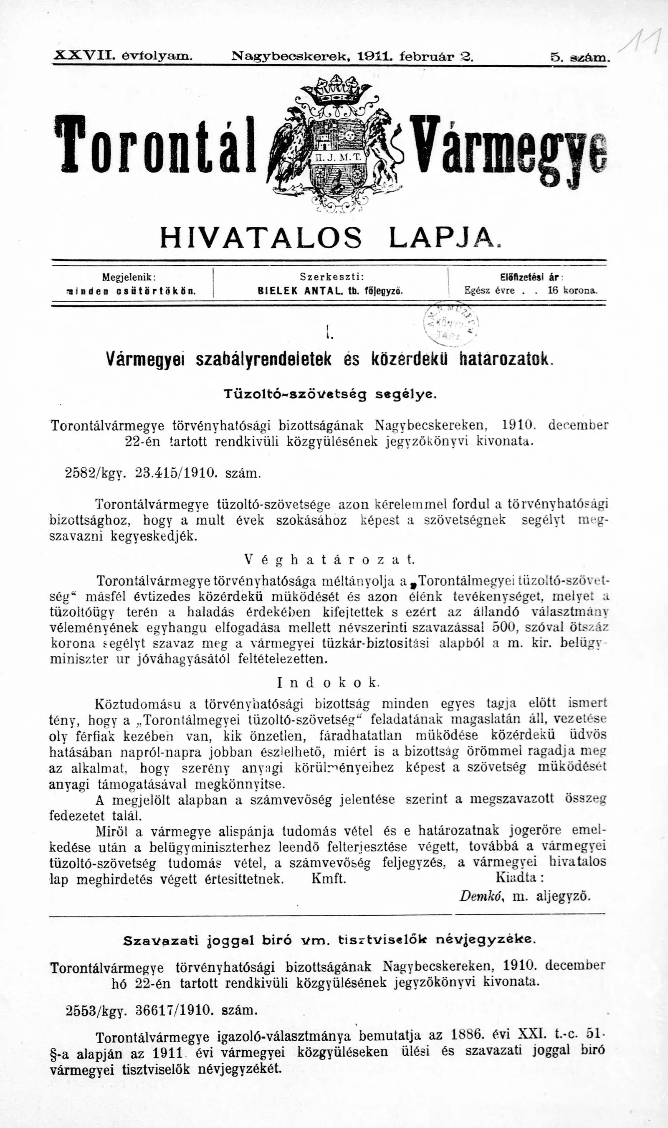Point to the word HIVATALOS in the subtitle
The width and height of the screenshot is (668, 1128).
pos(261,237)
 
